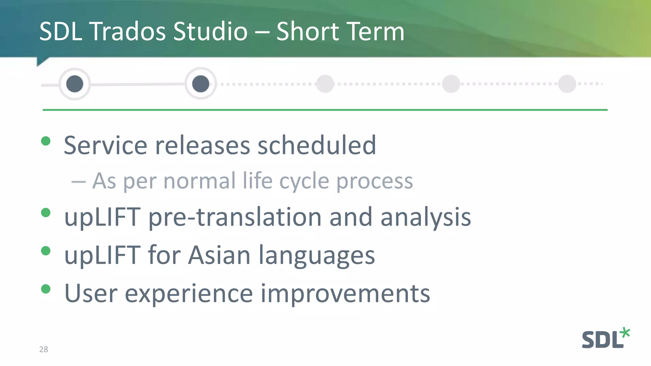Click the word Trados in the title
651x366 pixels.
[x=128, y=31]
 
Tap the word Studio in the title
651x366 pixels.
[x=210, y=31]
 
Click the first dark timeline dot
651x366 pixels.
[x=75, y=84]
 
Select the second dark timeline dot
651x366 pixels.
[x=201, y=84]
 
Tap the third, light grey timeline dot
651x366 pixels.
[x=325, y=84]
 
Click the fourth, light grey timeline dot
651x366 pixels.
[x=451, y=84]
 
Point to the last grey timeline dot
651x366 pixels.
[x=567, y=84]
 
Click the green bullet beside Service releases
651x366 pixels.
[x=46, y=141]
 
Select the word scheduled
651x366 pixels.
[x=317, y=145]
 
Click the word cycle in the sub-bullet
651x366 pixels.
[x=304, y=181]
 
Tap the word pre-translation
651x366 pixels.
[x=235, y=217]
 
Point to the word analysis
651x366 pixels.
[x=426, y=217]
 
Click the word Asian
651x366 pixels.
[x=219, y=255]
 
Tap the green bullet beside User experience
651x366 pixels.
[x=46, y=289]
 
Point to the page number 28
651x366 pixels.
[x=44, y=349]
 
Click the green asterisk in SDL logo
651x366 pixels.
[x=625, y=333]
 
